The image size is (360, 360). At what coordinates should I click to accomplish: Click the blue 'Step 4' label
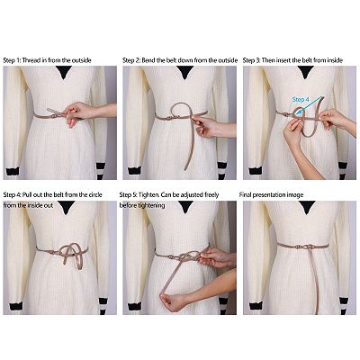pyautogui.click(x=301, y=100)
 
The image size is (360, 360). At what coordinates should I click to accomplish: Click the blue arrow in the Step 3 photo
pyautogui.click(x=310, y=104)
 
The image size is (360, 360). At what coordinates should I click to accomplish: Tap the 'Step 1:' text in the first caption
pyautogui.click(x=12, y=60)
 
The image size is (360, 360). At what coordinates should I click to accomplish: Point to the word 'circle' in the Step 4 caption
pyautogui.click(x=94, y=194)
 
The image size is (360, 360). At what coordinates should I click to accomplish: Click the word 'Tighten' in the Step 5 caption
pyautogui.click(x=148, y=195)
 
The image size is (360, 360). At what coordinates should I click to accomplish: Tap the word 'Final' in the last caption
pyautogui.click(x=245, y=195)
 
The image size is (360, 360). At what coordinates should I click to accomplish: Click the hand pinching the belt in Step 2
pyautogui.click(x=207, y=127)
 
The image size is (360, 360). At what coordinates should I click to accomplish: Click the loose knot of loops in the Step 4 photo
pyautogui.click(x=71, y=255)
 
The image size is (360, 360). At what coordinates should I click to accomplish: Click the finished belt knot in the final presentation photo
pyautogui.click(x=304, y=247)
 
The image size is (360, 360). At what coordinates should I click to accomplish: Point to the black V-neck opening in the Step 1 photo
pyautogui.click(x=64, y=72)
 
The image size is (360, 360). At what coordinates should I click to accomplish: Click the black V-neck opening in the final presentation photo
pyautogui.click(x=307, y=207)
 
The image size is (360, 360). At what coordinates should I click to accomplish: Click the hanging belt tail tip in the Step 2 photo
pyautogui.click(x=186, y=168)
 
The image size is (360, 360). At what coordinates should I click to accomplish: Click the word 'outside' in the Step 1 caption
pyautogui.click(x=81, y=60)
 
